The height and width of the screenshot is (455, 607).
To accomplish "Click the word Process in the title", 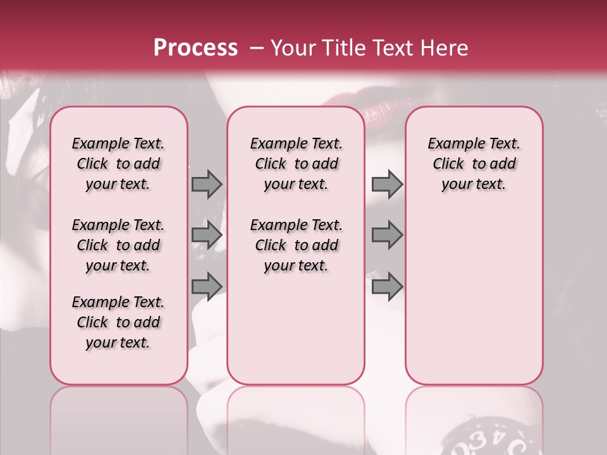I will [x=195, y=48].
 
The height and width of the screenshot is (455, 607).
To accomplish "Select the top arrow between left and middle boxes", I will [x=206, y=184].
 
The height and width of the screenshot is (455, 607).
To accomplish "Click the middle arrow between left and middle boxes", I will [x=206, y=235].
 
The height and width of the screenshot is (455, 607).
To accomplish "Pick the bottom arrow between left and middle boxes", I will [x=206, y=286].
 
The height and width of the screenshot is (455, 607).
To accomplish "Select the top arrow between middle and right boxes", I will [x=387, y=184].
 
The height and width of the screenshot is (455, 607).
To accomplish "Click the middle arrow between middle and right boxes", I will [x=387, y=235].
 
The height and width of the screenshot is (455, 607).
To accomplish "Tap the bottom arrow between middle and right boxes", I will [x=387, y=287].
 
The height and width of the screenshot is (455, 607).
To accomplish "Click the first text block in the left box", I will [x=118, y=164].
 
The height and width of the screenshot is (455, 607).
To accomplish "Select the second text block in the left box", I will [x=118, y=245].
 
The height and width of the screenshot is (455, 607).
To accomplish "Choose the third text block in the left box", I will [x=118, y=322].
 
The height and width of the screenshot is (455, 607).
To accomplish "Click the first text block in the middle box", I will [x=297, y=164].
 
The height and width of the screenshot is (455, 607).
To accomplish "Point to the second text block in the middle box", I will [x=297, y=245].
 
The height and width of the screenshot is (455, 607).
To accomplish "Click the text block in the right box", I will [x=474, y=164].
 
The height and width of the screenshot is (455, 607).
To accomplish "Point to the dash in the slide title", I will [x=256, y=48].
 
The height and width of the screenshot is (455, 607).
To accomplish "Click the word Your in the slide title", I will [x=293, y=48].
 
